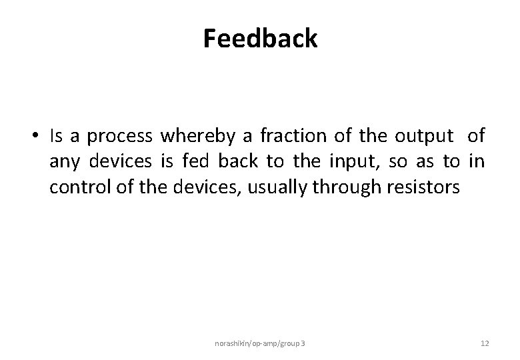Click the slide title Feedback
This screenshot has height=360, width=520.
(x=260, y=39)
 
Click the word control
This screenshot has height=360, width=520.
(x=75, y=187)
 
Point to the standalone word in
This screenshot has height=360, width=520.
(x=476, y=161)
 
